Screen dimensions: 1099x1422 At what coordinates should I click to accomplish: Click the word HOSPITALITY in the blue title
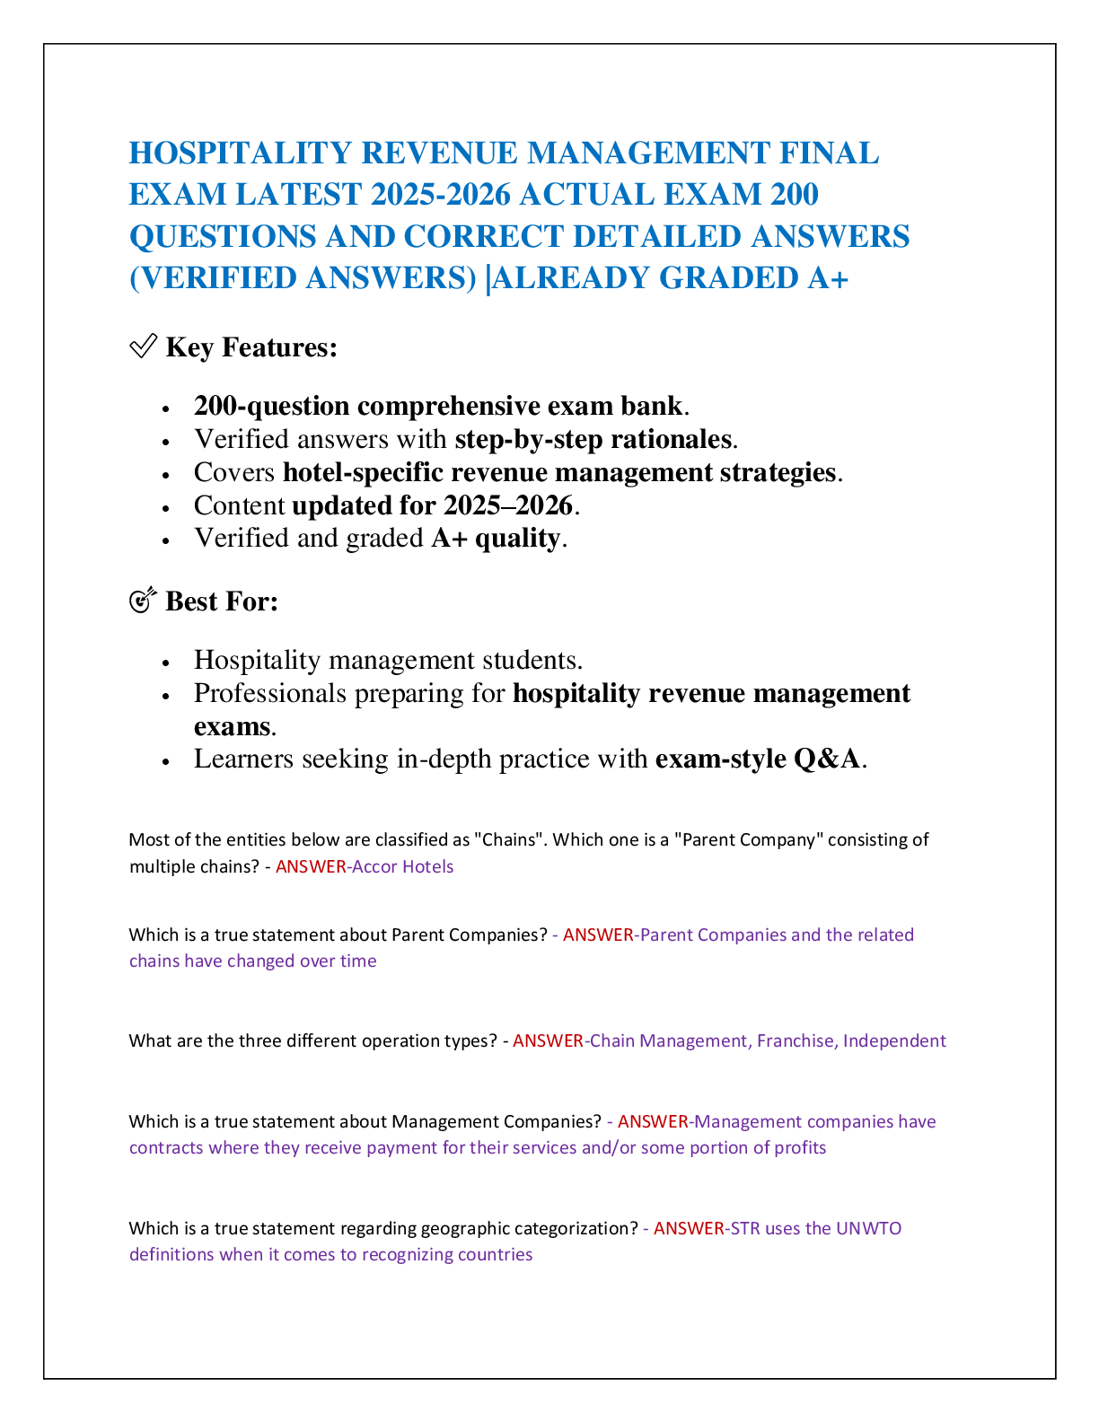[241, 154]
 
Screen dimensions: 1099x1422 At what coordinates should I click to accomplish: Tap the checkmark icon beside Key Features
[144, 346]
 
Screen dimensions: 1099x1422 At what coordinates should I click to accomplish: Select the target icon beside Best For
[143, 600]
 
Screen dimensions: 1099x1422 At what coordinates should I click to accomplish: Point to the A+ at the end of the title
[827, 277]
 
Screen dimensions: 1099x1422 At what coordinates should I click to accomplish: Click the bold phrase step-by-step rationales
[593, 439]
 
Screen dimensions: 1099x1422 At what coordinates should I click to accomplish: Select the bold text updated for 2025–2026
[432, 505]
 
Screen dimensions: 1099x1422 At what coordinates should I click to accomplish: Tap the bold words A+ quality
[496, 538]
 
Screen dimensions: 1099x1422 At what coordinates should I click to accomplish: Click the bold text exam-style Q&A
[757, 759]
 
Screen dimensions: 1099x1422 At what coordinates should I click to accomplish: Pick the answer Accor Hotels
[402, 866]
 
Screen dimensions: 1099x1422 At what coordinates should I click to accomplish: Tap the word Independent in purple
[894, 1040]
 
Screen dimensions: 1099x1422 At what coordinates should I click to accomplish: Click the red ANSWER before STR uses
[689, 1228]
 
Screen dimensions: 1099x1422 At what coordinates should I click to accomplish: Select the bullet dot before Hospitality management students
[165, 663]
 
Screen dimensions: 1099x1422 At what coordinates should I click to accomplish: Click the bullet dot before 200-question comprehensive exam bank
[165, 409]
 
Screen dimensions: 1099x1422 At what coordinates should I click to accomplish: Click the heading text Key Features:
[251, 347]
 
